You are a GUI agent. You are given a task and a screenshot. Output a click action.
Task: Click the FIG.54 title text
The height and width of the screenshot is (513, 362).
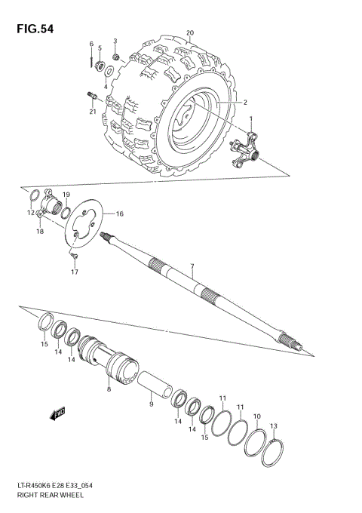click(x=32, y=28)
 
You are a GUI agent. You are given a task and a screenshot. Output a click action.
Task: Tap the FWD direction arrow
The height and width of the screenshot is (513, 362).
click(x=57, y=413)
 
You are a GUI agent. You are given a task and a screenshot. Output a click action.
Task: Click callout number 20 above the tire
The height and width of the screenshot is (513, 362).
click(x=190, y=32)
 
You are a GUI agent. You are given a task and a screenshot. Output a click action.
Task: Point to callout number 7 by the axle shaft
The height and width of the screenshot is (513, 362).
click(x=192, y=266)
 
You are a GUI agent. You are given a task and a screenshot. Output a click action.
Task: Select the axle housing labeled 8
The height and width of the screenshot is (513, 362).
click(x=113, y=360)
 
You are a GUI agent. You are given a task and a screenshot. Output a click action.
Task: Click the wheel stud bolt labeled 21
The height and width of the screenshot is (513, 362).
click(x=91, y=95)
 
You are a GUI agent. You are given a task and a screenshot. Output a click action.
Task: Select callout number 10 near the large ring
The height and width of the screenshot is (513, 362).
click(x=257, y=416)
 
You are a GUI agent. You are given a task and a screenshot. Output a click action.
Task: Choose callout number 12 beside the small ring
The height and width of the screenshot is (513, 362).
click(x=31, y=213)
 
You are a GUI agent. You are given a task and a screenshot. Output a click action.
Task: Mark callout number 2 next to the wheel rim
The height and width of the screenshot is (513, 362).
click(x=244, y=102)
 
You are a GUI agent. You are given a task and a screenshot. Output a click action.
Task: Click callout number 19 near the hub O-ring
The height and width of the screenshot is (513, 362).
click(x=66, y=195)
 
